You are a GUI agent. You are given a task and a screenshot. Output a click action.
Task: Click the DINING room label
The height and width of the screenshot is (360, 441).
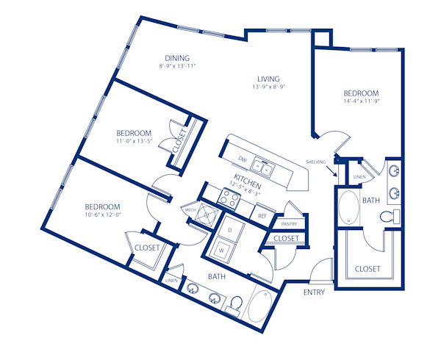(x=177, y=58)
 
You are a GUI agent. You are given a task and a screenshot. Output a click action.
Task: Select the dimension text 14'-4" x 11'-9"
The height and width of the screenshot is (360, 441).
(x=361, y=103)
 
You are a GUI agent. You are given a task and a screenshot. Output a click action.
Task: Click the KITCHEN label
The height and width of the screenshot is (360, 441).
(x=248, y=179)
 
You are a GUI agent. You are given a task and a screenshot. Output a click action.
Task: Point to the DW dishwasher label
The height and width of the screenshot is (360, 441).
(x=243, y=159)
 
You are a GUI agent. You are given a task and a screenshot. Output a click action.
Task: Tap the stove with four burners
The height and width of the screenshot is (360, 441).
(x=229, y=197)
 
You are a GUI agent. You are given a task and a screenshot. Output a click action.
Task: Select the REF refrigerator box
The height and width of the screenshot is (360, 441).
(x=262, y=216)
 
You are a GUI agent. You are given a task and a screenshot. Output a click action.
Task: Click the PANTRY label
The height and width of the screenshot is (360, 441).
(x=288, y=223)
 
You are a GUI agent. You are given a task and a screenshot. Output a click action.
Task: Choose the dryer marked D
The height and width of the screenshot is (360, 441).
(x=229, y=230)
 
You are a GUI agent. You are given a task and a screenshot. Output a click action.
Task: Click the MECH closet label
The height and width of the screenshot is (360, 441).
(x=190, y=210)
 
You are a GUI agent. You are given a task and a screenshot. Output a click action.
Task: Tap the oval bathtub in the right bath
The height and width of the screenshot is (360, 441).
(x=347, y=209)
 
